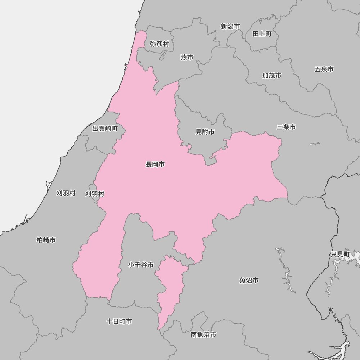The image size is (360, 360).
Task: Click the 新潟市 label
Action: [x=230, y=26]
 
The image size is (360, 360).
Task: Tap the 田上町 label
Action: [x=262, y=34]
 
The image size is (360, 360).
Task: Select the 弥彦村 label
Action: [x=159, y=44]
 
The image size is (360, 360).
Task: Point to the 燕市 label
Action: [x=187, y=57]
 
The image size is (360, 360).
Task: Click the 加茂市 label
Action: [x=271, y=76]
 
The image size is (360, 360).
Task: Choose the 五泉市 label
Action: [x=324, y=69]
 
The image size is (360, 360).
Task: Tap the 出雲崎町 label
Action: [x=105, y=129]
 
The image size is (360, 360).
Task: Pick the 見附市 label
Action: [x=205, y=132]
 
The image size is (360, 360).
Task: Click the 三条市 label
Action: [x=286, y=127]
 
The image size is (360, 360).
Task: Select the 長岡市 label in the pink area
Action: [x=155, y=165]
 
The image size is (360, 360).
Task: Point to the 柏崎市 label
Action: [x=46, y=240]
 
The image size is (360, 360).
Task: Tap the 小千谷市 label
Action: [x=141, y=265]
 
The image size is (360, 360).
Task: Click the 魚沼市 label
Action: [x=249, y=280]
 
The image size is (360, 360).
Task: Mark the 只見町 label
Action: [x=340, y=254]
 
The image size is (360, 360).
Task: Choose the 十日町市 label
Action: [x=119, y=321]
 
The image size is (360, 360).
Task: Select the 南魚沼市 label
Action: [x=203, y=335]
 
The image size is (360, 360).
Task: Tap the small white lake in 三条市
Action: [x=315, y=144]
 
